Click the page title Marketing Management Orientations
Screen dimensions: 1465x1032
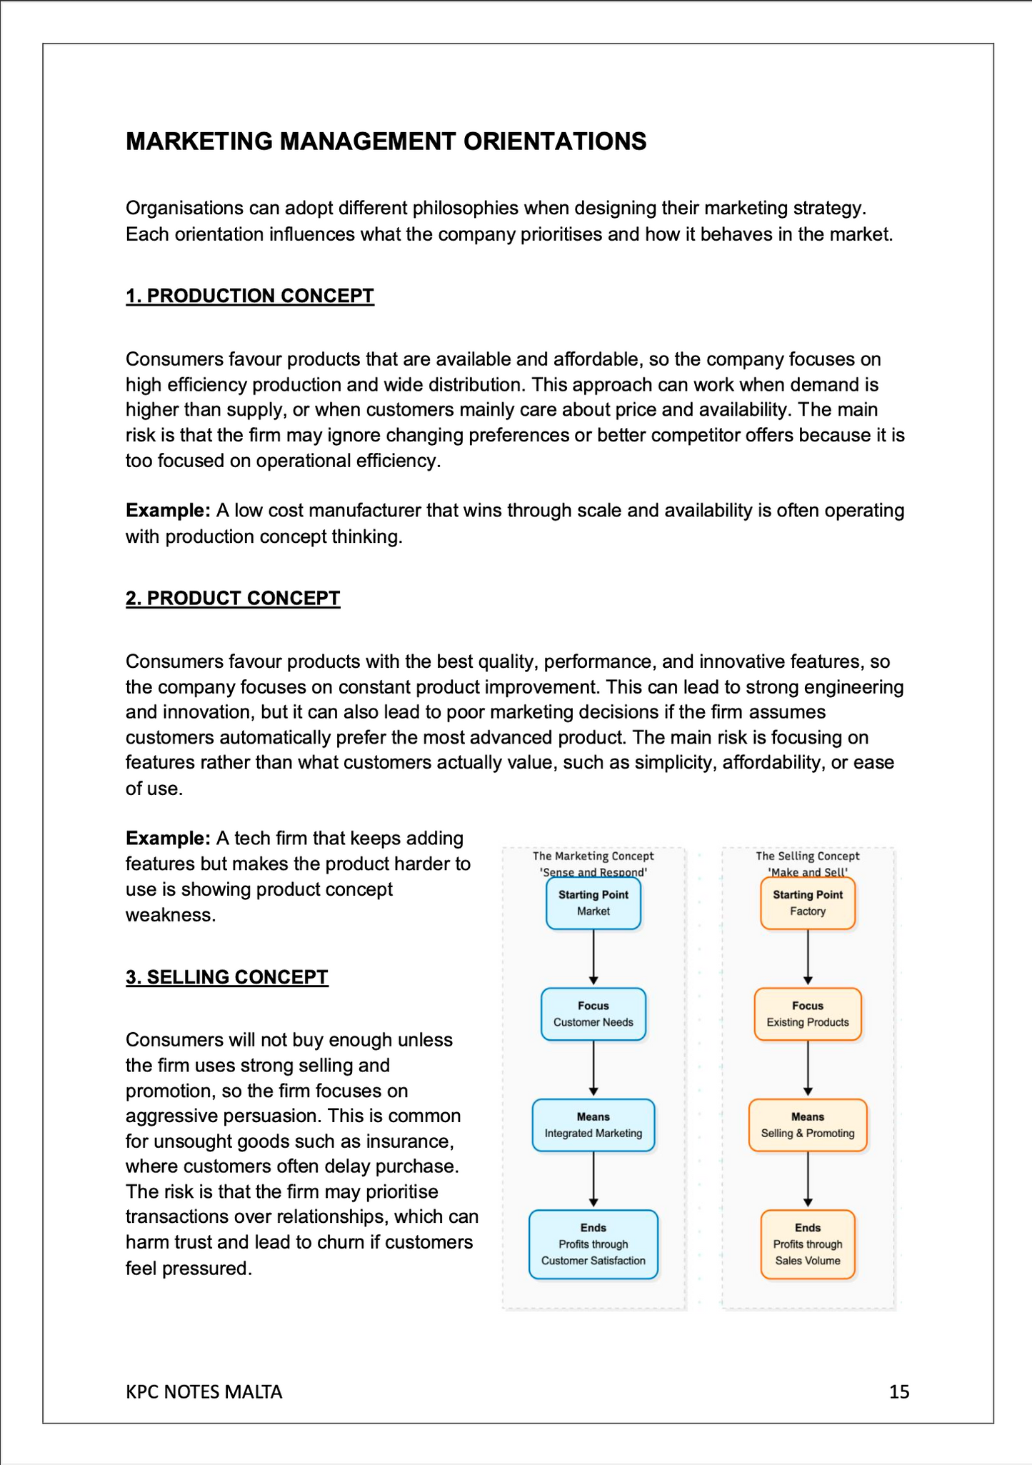click(386, 141)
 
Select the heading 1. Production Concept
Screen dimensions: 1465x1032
click(249, 296)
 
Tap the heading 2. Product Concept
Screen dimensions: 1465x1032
click(233, 598)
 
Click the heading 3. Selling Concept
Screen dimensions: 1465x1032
click(226, 976)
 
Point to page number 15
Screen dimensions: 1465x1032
click(898, 1391)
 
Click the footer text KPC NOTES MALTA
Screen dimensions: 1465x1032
click(204, 1391)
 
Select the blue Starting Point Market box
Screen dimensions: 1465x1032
click(593, 903)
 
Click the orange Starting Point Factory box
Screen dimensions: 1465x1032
click(807, 903)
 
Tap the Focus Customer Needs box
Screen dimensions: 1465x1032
click(593, 1014)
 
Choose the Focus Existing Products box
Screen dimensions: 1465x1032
click(807, 1014)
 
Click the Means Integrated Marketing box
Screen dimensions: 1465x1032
click(593, 1125)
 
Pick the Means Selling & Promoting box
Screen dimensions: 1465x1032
click(807, 1125)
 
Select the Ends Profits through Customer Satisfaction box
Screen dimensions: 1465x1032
click(593, 1244)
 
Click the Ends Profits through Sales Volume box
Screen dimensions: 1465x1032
click(807, 1244)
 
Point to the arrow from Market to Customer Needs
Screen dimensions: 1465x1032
click(593, 957)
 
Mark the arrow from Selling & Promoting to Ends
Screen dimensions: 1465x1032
click(808, 1179)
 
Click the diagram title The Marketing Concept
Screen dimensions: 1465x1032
click(593, 856)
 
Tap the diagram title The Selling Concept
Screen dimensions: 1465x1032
click(807, 856)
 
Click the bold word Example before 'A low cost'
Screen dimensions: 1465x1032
click(168, 511)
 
